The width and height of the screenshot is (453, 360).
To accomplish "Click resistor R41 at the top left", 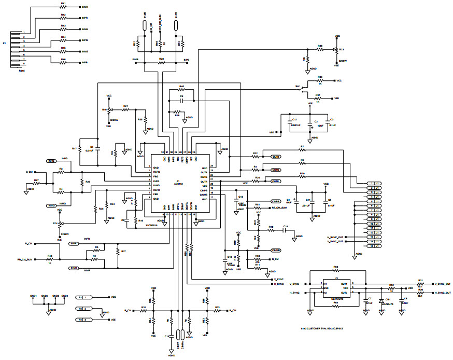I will coord(63,8).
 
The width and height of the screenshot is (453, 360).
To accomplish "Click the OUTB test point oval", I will coord(276,157).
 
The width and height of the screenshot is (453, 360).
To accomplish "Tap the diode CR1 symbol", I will coord(382,301).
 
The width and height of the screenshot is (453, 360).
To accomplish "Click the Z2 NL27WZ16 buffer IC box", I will coord(336,288).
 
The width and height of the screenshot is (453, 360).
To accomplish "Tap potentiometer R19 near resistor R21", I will coord(109,110).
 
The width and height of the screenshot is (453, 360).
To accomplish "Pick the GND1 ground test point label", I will coord(34,296).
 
